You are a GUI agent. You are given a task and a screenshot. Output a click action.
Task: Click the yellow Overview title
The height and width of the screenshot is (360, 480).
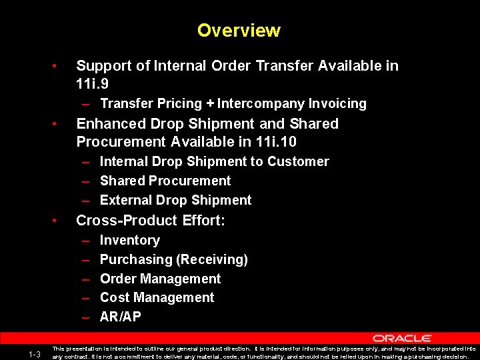point(239,31)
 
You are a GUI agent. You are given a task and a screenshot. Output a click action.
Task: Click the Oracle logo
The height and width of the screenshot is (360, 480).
point(402,339)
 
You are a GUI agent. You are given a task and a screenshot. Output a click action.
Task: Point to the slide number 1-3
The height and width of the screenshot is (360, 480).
point(35,353)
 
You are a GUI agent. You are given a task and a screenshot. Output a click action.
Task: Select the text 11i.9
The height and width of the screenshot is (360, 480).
point(93,85)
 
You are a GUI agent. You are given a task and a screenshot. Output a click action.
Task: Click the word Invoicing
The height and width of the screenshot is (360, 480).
point(337,103)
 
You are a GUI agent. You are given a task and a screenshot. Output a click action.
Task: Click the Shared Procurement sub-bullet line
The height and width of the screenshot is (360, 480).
point(165,181)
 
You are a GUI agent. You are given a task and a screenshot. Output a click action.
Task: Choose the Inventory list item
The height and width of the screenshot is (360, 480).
point(129,240)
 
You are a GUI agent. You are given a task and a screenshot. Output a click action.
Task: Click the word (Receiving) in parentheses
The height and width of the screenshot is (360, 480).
point(211,259)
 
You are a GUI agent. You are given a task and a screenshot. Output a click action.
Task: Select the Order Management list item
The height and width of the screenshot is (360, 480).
point(160,279)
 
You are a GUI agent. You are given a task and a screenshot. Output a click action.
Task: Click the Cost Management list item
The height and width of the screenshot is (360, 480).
point(157,297)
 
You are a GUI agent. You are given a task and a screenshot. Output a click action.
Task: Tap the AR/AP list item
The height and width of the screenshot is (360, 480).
point(120,317)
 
